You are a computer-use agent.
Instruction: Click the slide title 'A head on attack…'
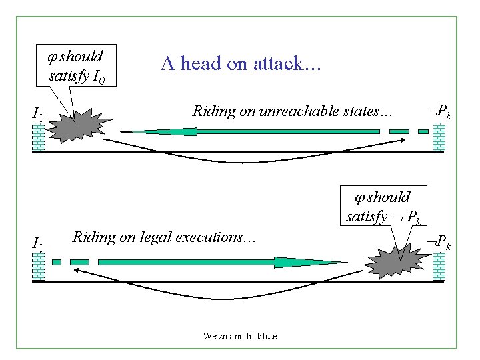click(x=241, y=63)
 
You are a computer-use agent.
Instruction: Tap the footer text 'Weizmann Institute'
click(x=239, y=336)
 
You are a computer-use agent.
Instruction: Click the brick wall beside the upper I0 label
click(x=39, y=137)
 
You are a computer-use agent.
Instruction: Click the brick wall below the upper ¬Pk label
click(x=439, y=137)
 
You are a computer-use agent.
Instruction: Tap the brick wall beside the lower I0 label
click(x=39, y=265)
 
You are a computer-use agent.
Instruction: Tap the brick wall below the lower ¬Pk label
click(x=439, y=265)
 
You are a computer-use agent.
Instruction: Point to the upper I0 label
click(x=38, y=117)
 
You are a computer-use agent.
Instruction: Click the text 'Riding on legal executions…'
click(x=163, y=237)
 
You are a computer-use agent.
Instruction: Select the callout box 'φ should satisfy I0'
click(x=75, y=66)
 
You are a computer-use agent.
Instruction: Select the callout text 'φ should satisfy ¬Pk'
click(x=383, y=206)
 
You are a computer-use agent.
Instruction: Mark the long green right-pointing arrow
click(x=200, y=262)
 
